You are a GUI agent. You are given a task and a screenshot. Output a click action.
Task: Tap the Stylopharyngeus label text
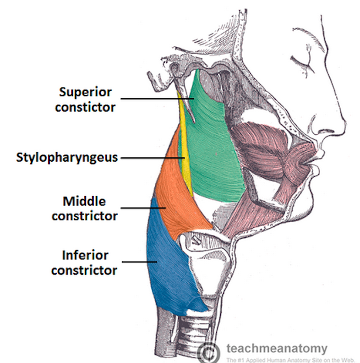(67, 157)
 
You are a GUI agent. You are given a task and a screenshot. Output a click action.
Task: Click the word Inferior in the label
(85, 256)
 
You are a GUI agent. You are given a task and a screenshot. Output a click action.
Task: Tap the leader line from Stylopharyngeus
(151, 158)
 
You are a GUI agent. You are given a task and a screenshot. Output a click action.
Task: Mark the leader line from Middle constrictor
(142, 207)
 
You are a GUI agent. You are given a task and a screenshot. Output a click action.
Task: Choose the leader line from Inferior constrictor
(140, 261)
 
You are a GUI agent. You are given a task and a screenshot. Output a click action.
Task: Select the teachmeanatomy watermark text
(277, 349)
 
